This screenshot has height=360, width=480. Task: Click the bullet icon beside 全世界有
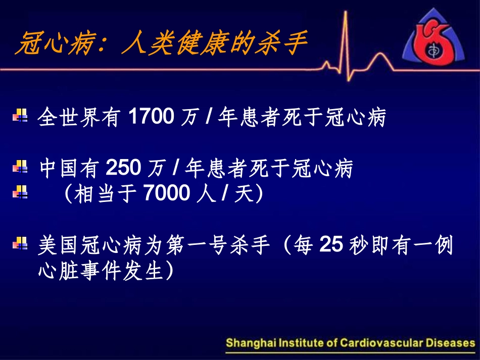[x=20, y=116]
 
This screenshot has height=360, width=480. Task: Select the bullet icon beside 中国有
[x=20, y=167]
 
